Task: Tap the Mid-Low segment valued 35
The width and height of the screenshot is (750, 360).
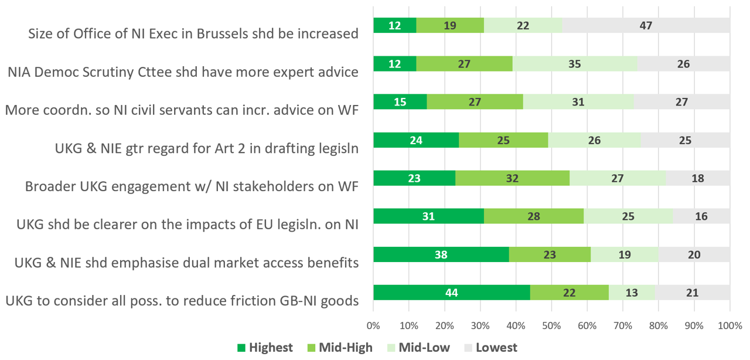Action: point(574,64)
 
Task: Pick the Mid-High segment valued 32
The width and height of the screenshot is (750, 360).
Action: point(512,178)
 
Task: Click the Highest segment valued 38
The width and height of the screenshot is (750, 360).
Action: point(441,254)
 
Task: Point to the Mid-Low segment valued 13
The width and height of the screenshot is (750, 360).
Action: point(632,292)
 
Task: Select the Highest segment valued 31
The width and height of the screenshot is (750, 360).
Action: point(428,216)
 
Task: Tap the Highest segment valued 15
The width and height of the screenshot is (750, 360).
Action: point(400,102)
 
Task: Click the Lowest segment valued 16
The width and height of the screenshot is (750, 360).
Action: point(701,216)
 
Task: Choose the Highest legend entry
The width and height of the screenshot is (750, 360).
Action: point(265,348)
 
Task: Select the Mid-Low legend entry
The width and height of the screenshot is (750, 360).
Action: point(417,348)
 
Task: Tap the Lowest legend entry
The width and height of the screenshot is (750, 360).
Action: point(490,348)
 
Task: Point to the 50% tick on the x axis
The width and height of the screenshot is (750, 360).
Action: point(551,324)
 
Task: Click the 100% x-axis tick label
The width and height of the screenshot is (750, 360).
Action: point(729,324)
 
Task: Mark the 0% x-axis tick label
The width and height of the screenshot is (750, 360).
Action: point(373,324)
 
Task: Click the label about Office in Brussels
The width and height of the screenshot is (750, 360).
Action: point(193,33)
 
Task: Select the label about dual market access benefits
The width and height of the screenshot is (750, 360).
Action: point(186,263)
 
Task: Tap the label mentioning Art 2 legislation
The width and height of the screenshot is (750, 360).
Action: point(205,148)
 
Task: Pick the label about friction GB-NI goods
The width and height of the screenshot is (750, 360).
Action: point(182,301)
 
